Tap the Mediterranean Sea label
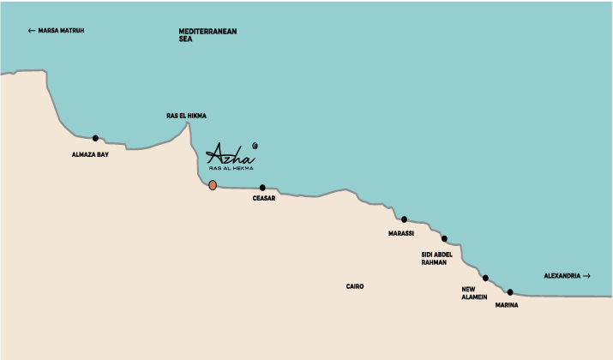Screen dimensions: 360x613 pyautogui.click(x=207, y=35)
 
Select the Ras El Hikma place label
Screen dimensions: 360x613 pyautogui.click(x=186, y=115)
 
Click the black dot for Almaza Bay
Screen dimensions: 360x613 pyautogui.click(x=95, y=138)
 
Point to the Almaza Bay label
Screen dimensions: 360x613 pyautogui.click(x=90, y=155)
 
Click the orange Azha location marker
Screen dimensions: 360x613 pyautogui.click(x=213, y=185)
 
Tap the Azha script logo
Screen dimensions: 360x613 pyautogui.click(x=231, y=154)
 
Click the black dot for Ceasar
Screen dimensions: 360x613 pyautogui.click(x=262, y=188)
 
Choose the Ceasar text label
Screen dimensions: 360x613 pyautogui.click(x=263, y=199)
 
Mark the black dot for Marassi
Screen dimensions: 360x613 pyautogui.click(x=404, y=219)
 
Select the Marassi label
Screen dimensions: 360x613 pyautogui.click(x=401, y=232)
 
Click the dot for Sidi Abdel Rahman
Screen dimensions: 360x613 pyautogui.click(x=444, y=238)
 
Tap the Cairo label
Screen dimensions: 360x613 pyautogui.click(x=355, y=286)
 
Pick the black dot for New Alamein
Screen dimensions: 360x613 pyautogui.click(x=485, y=278)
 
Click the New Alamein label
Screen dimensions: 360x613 pyautogui.click(x=475, y=293)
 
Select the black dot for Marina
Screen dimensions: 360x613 pyautogui.click(x=510, y=292)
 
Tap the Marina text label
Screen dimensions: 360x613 pyautogui.click(x=507, y=304)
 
